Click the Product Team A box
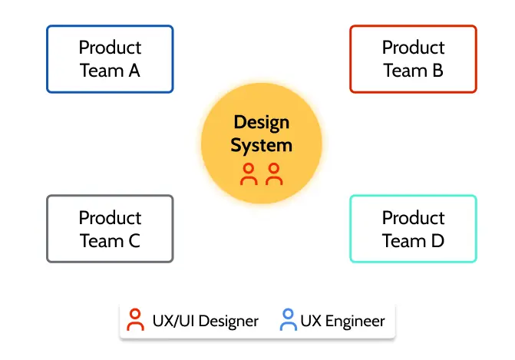point(110,59)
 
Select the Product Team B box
point(413,59)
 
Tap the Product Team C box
point(110,229)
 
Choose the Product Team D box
point(413,229)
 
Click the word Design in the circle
point(261,122)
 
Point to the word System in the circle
point(261,145)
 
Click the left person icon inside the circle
point(249,174)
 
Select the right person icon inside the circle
point(274,174)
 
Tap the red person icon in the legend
point(136,320)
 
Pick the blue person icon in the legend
point(288,320)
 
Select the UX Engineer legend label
point(342,321)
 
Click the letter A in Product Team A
point(134,71)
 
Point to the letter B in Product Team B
point(437,71)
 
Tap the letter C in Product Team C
point(134,241)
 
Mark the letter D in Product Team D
point(437,241)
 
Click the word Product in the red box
point(413,48)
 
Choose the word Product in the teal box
point(413,218)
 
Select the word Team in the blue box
point(101,71)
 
